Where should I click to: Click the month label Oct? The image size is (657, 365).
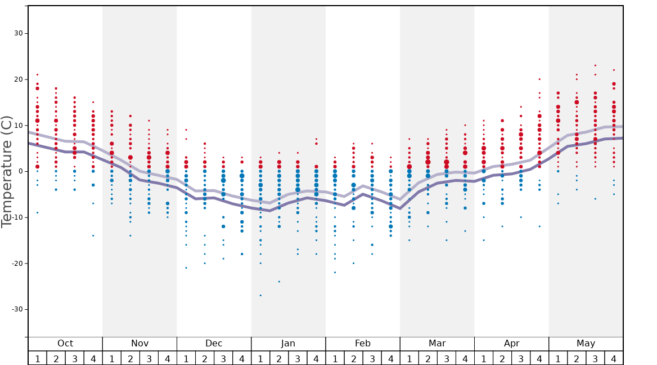65,344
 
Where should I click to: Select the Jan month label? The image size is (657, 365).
288,344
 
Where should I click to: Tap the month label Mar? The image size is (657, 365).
437,344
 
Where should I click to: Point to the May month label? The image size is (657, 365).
586,344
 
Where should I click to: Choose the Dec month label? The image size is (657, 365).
214,344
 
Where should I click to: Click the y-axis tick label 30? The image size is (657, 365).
19,33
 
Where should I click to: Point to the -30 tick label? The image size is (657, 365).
16,309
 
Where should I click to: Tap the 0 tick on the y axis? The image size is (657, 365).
21,171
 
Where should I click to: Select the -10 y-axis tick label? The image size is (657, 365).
16,217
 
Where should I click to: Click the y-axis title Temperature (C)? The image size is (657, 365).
7,171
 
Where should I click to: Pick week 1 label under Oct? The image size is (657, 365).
37,358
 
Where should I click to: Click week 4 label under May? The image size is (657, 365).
614,358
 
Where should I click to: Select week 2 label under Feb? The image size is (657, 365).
353,358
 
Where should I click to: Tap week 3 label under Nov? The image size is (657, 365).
149,358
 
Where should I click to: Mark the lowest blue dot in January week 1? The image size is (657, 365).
260,295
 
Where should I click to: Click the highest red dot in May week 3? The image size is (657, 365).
595,65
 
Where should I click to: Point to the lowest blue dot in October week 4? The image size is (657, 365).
93,235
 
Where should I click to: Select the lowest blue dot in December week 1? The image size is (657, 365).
186,268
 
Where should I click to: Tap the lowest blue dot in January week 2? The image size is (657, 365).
279,282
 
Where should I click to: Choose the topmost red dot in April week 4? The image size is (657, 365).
539,79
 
